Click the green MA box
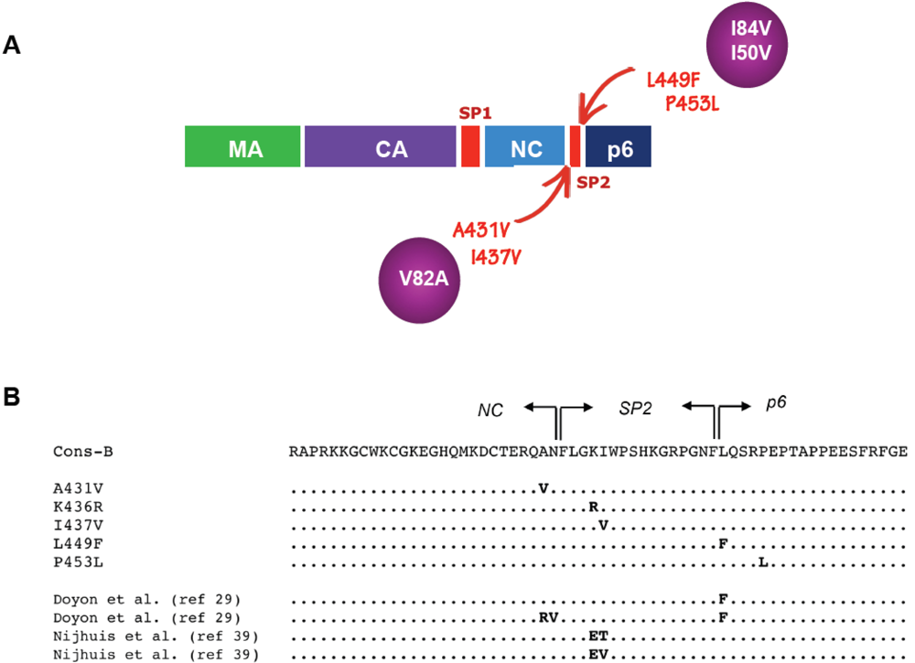coord(242,146)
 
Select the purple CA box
coord(380,146)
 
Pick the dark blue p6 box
coord(619,146)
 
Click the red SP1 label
coord(475,112)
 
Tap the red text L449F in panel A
coord(676,80)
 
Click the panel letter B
coord(12,400)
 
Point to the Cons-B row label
coord(82,452)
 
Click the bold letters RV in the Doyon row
coord(548,617)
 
